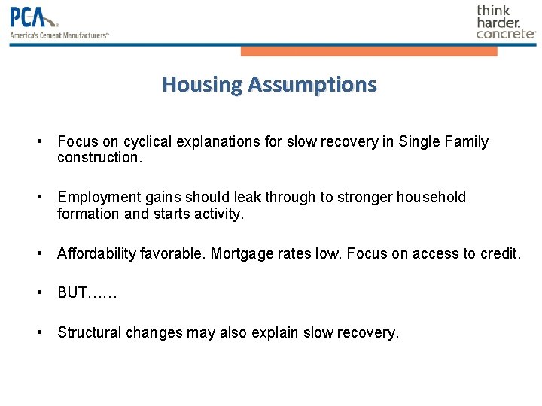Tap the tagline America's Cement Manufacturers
tap(59, 35)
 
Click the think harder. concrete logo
tap(505, 22)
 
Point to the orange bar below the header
tap(369, 51)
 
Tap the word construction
tap(99, 158)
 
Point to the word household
tap(428, 197)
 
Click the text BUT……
tap(87, 292)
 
